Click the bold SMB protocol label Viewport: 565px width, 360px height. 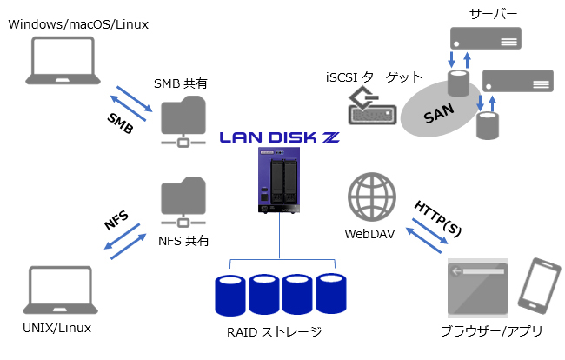[120, 123]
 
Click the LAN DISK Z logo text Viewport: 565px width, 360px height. [279, 137]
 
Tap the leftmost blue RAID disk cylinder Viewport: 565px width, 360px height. [231, 294]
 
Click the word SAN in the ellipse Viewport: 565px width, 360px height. [441, 116]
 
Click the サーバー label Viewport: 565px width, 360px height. [493, 15]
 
